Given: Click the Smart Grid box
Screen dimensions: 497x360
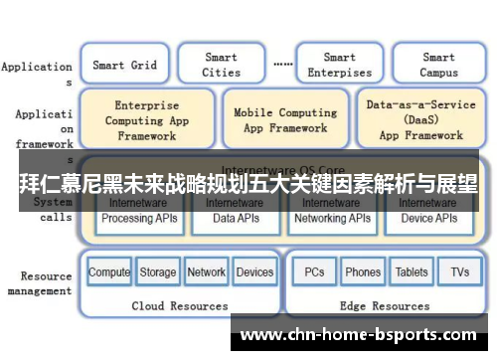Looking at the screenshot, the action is coord(124,65).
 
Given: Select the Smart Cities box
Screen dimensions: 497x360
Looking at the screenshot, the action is coord(221,65).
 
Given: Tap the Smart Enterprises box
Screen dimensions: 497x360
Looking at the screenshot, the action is coord(339,65).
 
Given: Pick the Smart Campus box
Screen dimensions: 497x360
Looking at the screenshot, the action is coord(438,65).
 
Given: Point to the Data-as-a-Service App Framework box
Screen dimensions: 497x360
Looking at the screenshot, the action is coord(420,119).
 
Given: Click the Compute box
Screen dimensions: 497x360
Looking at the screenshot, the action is coord(109,271).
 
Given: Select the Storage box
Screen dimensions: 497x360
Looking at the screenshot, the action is coord(157,271).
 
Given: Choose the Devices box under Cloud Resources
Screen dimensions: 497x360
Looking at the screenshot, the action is coord(254,271).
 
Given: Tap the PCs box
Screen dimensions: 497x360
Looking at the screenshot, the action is coord(314,271).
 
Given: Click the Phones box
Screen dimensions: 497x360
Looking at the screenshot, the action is coord(362,271).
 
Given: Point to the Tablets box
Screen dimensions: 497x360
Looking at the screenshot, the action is coord(412,271).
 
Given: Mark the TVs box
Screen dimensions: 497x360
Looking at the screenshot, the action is coord(459,271).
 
